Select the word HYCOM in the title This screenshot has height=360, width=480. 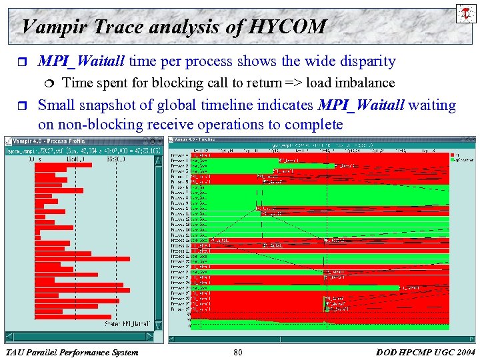[x=288, y=27]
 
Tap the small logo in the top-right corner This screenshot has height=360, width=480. [x=463, y=13]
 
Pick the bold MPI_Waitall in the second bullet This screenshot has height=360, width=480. [x=361, y=105]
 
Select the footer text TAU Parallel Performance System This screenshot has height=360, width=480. [x=71, y=352]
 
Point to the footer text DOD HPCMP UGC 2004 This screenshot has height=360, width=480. [x=425, y=352]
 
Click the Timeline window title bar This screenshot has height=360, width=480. [x=320, y=140]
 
